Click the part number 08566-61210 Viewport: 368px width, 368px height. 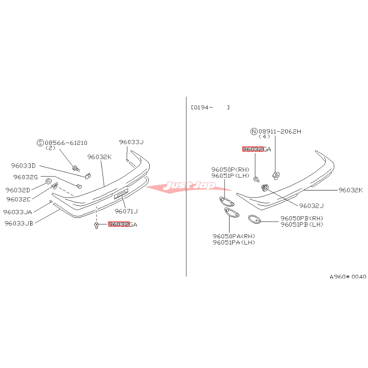click(x=66, y=143)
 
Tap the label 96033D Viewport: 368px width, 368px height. click(x=23, y=165)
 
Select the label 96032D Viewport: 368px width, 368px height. click(x=18, y=190)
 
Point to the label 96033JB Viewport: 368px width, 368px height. click(x=19, y=223)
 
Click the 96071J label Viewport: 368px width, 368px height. click(x=126, y=211)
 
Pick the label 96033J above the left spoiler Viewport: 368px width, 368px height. click(x=131, y=142)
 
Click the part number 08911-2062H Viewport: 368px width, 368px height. click(x=280, y=131)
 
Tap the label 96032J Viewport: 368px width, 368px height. click(x=311, y=206)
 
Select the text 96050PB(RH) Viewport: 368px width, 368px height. click(x=302, y=218)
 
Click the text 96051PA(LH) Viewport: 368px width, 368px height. click(x=234, y=242)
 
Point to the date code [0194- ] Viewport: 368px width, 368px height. click(x=210, y=108)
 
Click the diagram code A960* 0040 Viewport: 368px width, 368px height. click(x=348, y=277)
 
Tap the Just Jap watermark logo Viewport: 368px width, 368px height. click(x=188, y=186)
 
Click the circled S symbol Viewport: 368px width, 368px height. click(x=40, y=143)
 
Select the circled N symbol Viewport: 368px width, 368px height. click(x=254, y=131)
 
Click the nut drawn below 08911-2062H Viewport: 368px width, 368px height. click(x=276, y=175)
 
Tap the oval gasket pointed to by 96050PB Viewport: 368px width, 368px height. click(x=254, y=219)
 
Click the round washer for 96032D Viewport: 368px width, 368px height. click(x=48, y=181)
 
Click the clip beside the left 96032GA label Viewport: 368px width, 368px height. click(x=96, y=225)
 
